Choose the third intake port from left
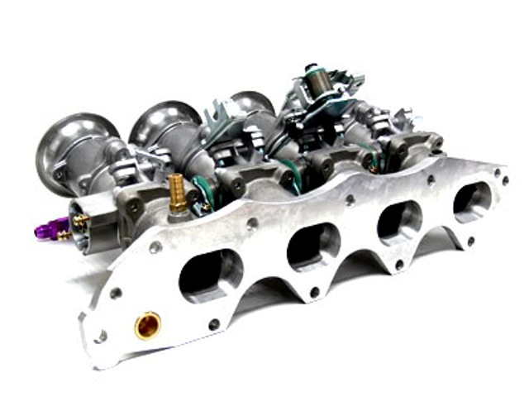coord(399,221)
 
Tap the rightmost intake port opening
coord(471,199)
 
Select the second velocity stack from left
coord(162,125)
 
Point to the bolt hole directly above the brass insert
coord(155,247)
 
